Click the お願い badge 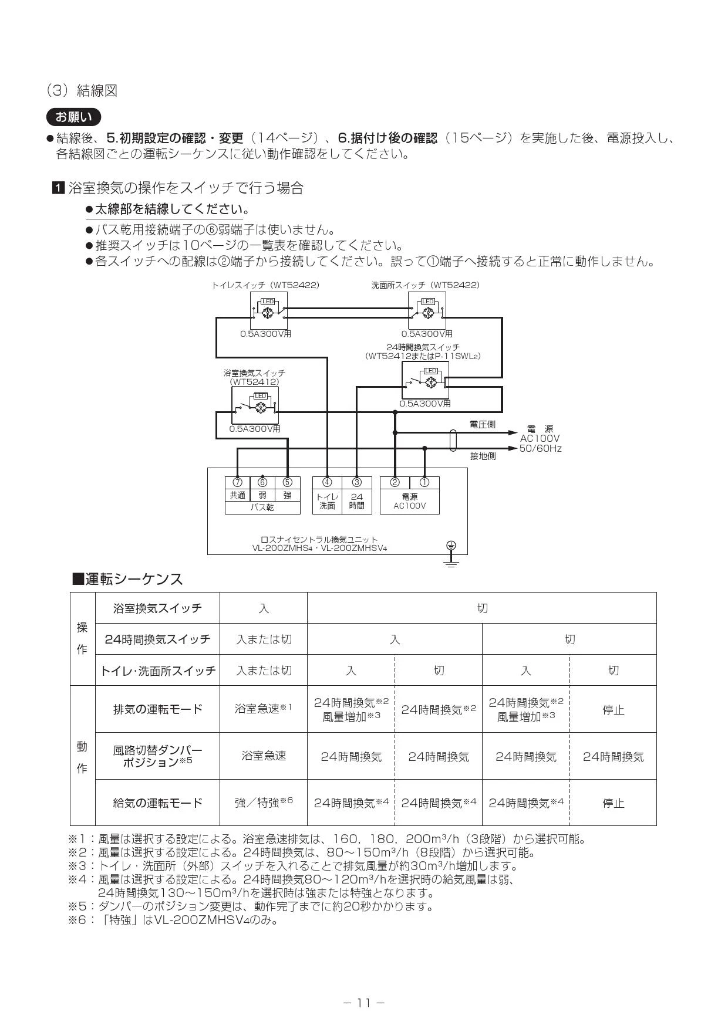pyautogui.click(x=73, y=117)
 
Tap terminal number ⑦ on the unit pyautogui.click(x=237, y=482)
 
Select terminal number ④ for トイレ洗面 pyautogui.click(x=328, y=482)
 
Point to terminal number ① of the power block pyautogui.click(x=424, y=482)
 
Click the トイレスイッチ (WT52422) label pyautogui.click(x=265, y=285)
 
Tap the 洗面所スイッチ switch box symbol pyautogui.click(x=427, y=311)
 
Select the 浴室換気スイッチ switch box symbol pyautogui.click(x=255, y=405)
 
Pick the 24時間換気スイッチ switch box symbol pyautogui.click(x=425, y=380)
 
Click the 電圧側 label pyautogui.click(x=483, y=424)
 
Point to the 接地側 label pyautogui.click(x=483, y=456)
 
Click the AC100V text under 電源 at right pyautogui.click(x=540, y=439)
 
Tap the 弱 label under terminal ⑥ pyautogui.click(x=262, y=495)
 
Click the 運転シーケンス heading pyautogui.click(x=127, y=579)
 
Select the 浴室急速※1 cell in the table pyautogui.click(x=264, y=709)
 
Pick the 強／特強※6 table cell pyautogui.click(x=264, y=802)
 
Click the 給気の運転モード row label pyautogui.click(x=157, y=803)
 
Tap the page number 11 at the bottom pyautogui.click(x=364, y=1003)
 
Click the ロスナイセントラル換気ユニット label pyautogui.click(x=319, y=539)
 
